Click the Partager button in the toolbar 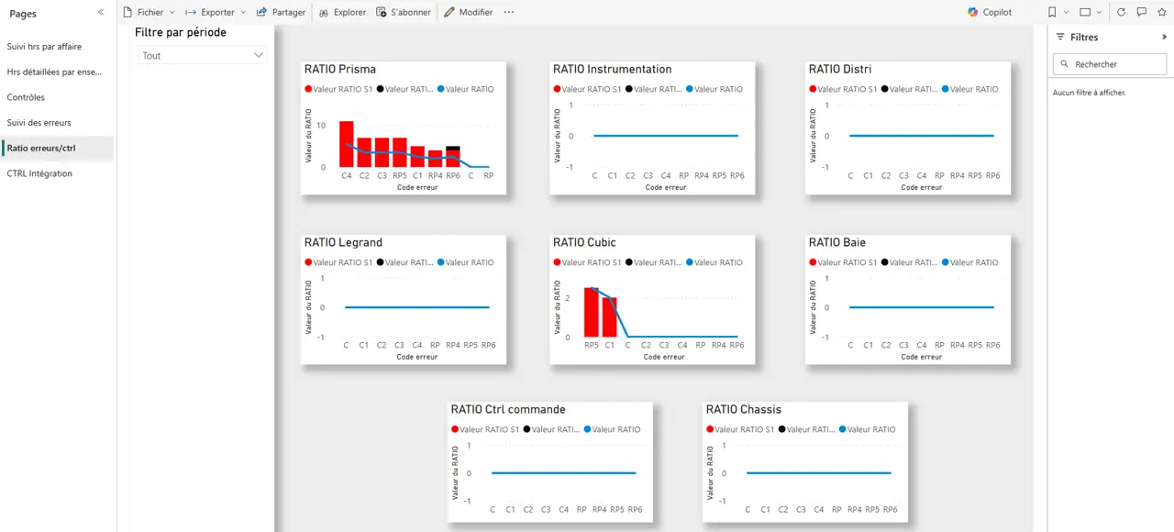pyautogui.click(x=281, y=12)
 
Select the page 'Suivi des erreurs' pyautogui.click(x=39, y=122)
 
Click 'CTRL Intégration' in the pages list pyautogui.click(x=39, y=173)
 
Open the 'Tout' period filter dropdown pyautogui.click(x=202, y=56)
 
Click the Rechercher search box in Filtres pyautogui.click(x=1109, y=64)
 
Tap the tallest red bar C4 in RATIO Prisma pyautogui.click(x=346, y=144)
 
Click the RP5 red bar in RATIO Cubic pyautogui.click(x=592, y=312)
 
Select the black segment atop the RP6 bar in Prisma pyautogui.click(x=453, y=149)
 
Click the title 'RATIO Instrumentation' pyautogui.click(x=612, y=69)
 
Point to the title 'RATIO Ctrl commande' pyautogui.click(x=507, y=409)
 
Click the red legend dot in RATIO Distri pyautogui.click(x=812, y=89)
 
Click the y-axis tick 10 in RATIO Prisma pyautogui.click(x=322, y=125)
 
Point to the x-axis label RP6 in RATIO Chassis pyautogui.click(x=890, y=509)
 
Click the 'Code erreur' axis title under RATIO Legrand pyautogui.click(x=416, y=357)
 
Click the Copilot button pyautogui.click(x=990, y=12)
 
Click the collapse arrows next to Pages pyautogui.click(x=101, y=13)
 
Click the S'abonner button pyautogui.click(x=404, y=12)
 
